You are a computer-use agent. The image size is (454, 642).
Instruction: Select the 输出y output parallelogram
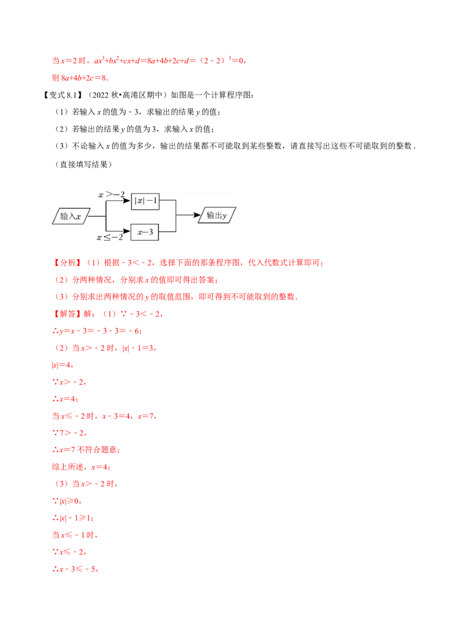(218, 216)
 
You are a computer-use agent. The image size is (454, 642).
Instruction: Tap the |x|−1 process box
(145, 201)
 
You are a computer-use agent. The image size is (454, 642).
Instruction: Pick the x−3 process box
(145, 231)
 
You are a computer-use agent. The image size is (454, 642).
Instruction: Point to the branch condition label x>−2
(111, 195)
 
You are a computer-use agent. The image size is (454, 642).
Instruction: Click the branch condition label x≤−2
(110, 238)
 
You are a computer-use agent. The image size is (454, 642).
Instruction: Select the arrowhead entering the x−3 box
(128, 231)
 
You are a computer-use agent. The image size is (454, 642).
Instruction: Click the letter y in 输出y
(225, 216)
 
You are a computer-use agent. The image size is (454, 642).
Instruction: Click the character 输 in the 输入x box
(64, 216)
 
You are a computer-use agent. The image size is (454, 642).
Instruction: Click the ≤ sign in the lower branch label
(108, 238)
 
